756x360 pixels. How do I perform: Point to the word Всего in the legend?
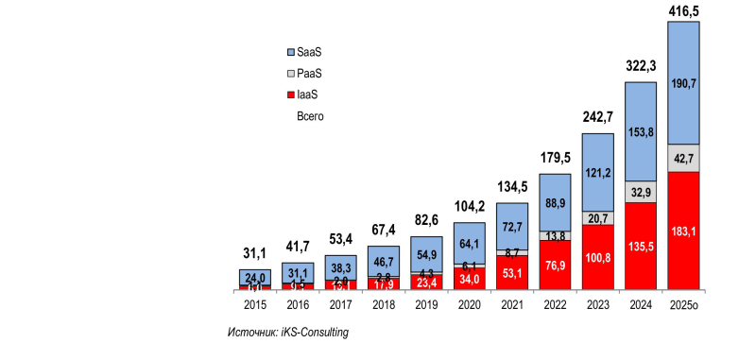click(x=311, y=115)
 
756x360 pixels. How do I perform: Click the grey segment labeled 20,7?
click(x=597, y=218)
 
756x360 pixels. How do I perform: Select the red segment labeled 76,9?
click(x=555, y=264)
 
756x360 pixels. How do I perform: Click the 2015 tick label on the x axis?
click(x=255, y=305)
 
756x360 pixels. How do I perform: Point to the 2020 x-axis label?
click(x=469, y=305)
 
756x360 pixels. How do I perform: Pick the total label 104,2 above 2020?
click(x=469, y=206)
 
